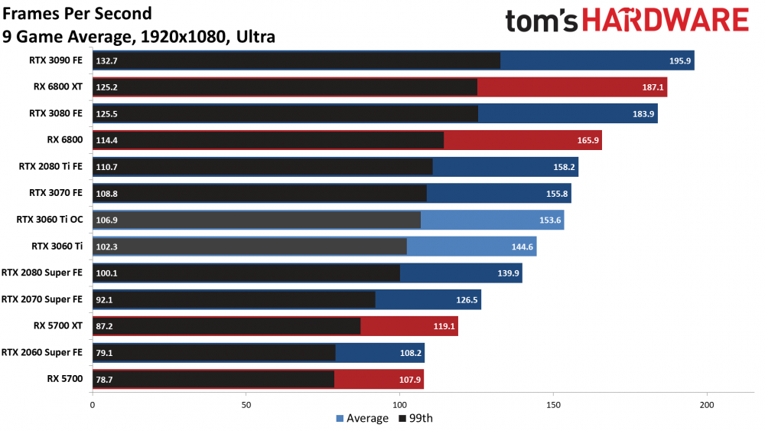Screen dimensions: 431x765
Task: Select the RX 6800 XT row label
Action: tap(56, 87)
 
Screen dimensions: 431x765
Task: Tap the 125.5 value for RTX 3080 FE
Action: tap(108, 114)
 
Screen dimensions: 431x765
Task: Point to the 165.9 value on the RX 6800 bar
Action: tap(587, 140)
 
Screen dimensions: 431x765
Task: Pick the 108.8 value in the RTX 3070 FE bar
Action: tap(108, 194)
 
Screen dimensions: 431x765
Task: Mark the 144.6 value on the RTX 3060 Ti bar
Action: tap(522, 247)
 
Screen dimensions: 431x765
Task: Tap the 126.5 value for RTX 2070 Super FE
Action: tap(466, 299)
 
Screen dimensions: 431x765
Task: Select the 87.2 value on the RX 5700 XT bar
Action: tap(106, 325)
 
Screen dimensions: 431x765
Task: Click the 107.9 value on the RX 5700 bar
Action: tap(409, 379)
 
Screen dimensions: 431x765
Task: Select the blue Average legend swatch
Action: tap(340, 419)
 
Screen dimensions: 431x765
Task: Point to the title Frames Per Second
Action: tap(76, 14)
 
